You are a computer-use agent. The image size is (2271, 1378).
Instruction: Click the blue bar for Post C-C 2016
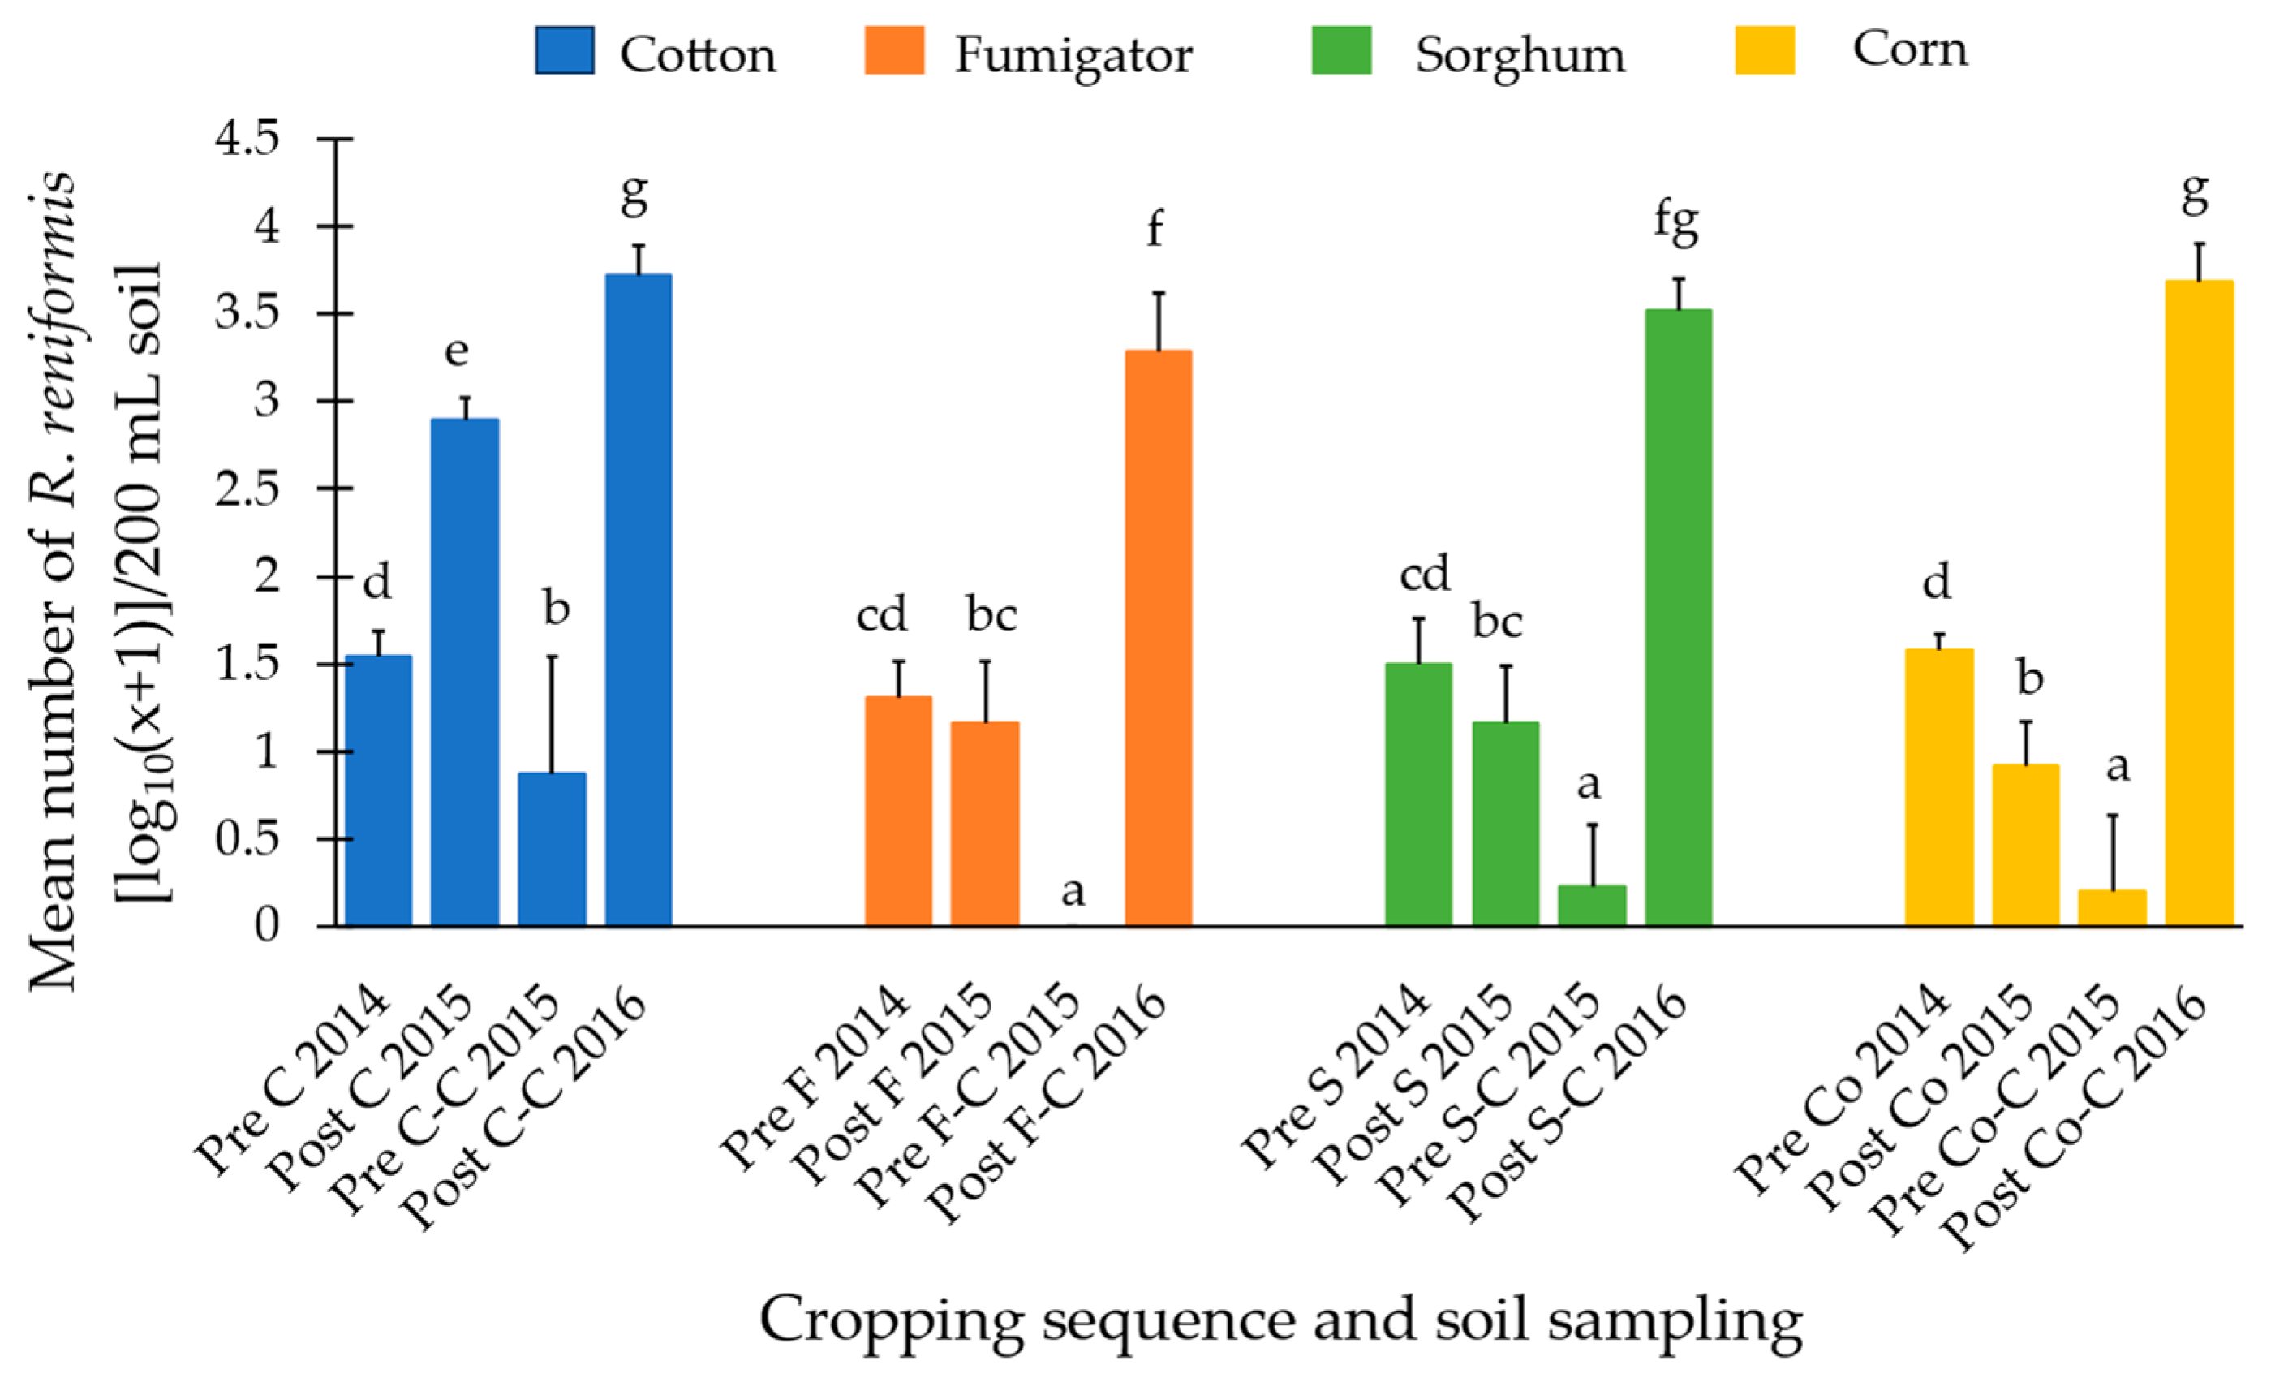click(638, 599)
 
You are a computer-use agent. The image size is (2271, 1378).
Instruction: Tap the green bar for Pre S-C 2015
click(1592, 905)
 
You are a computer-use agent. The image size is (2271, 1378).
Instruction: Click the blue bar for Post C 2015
click(466, 672)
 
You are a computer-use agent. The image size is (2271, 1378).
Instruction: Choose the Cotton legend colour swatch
click(564, 50)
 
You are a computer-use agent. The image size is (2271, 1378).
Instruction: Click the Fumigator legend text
click(1073, 55)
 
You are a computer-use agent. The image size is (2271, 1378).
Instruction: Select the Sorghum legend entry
click(1520, 55)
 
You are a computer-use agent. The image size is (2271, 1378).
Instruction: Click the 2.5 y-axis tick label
click(246, 489)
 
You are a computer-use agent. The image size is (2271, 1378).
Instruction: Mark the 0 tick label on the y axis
click(266, 924)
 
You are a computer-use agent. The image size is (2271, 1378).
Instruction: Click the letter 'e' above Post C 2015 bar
click(456, 351)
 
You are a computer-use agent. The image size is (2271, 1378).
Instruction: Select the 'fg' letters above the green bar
click(1675, 222)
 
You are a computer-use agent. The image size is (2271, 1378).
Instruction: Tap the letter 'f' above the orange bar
click(1154, 228)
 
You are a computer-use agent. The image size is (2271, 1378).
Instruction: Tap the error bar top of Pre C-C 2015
click(552, 657)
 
